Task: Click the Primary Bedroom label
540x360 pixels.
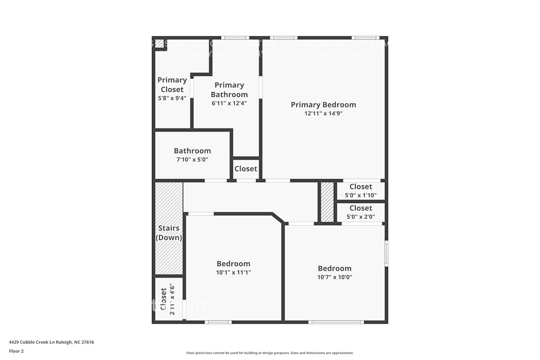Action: (x=323, y=105)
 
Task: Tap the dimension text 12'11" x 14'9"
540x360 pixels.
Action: (x=323, y=113)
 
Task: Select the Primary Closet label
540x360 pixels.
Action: (x=172, y=85)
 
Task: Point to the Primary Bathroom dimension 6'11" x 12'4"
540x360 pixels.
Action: (x=229, y=103)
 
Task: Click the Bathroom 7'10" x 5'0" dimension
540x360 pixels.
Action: (x=192, y=159)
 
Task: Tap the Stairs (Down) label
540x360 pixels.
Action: (x=169, y=233)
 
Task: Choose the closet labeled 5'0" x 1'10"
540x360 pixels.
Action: (x=361, y=191)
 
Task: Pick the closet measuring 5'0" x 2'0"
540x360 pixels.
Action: (x=361, y=212)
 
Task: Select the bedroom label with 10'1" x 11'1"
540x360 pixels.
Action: (x=233, y=264)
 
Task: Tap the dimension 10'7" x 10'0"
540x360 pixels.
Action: (x=334, y=277)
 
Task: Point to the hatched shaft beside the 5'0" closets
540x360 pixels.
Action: (x=327, y=202)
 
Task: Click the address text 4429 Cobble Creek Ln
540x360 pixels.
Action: (x=51, y=342)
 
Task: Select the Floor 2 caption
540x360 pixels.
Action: (x=16, y=351)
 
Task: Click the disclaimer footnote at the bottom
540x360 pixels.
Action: (x=270, y=353)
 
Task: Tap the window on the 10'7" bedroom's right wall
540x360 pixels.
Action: (x=386, y=253)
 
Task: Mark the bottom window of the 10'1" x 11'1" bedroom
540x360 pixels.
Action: (x=219, y=322)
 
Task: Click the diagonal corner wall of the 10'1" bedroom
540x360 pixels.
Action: (x=278, y=218)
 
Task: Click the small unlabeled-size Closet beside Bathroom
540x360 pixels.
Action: (x=246, y=169)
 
